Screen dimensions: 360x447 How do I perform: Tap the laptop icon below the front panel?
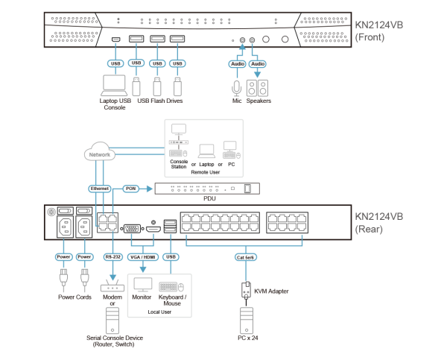coord(114,84)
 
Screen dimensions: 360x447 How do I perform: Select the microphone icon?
coord(237,87)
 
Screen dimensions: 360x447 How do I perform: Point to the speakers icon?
coord(259,87)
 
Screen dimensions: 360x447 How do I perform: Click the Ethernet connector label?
coord(100,189)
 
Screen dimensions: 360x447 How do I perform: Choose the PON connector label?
coord(130,189)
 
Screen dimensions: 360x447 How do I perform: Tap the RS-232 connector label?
coord(112,256)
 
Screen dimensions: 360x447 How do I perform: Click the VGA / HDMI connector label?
coord(144,256)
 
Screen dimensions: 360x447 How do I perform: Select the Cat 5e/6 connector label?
coord(246,256)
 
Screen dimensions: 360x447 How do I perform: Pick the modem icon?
coord(112,287)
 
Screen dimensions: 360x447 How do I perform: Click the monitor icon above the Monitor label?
coord(142,285)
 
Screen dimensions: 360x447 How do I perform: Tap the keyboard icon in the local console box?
coord(171,285)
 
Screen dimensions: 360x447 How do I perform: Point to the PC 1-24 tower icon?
coord(247,319)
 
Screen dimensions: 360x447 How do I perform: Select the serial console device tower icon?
coord(112,319)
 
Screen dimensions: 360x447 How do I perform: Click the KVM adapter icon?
coord(247,290)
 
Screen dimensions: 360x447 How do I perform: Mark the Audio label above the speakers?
coord(257,64)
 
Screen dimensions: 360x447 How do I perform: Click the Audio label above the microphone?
coord(237,64)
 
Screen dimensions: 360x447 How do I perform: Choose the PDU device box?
coord(207,189)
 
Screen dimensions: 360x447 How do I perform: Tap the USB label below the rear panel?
coord(171,256)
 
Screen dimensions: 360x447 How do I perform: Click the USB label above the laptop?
coord(115,63)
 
